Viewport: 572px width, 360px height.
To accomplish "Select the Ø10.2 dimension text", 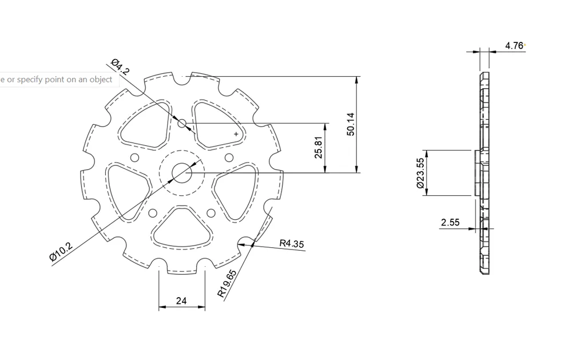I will coord(61,252).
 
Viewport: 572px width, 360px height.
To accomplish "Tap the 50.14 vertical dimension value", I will coord(351,124).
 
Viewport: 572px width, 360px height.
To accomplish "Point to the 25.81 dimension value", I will coord(319,148).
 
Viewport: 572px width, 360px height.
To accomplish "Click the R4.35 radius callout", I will coord(292,243).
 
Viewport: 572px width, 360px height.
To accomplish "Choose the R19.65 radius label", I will coord(227,283).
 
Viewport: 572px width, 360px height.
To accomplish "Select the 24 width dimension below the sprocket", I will coord(181,300).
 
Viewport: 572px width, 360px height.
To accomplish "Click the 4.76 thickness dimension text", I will coord(514,46).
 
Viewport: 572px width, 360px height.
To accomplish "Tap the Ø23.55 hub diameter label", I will coord(420,173).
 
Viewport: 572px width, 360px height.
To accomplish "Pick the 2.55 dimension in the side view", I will coord(450,223).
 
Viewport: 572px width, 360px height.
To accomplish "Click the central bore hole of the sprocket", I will coord(182,172).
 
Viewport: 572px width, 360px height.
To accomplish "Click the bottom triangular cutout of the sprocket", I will coord(182,229).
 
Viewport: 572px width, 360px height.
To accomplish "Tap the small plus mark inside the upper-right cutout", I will coord(236,134).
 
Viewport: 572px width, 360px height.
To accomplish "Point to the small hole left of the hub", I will coord(135,157).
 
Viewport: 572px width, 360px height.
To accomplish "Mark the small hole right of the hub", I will coord(229,157).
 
